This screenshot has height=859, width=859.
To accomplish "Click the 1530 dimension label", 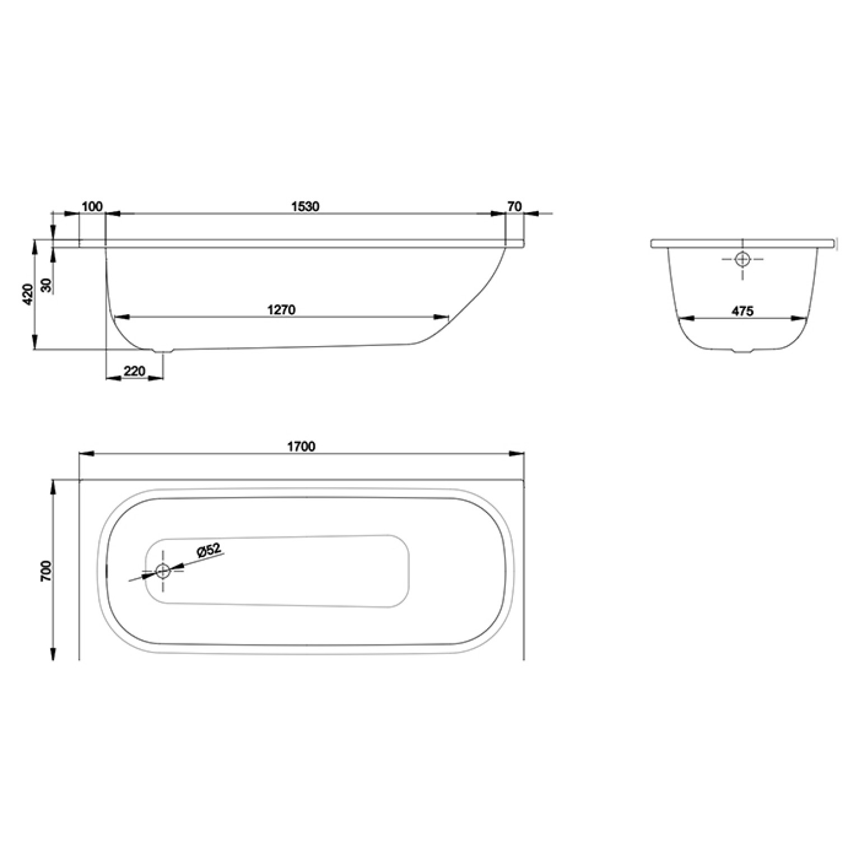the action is point(305,206).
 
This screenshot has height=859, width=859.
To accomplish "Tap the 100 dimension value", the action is point(92,206).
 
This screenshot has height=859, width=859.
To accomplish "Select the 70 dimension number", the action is point(515,206).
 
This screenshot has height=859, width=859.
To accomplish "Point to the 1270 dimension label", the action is point(282,309).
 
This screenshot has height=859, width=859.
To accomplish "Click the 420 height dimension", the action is point(29,293).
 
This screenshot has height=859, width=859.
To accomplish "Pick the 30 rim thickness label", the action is point(47,286).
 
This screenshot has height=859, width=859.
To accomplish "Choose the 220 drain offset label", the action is point(135,371).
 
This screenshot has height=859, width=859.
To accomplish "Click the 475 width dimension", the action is point(743,311).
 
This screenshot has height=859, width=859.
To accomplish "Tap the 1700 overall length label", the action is point(302,446).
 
